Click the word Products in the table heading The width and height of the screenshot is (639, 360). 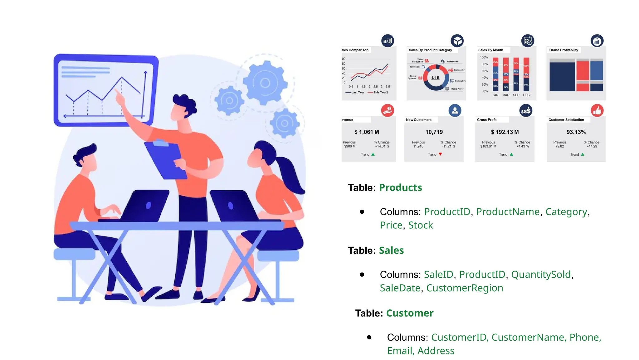pyautogui.click(x=400, y=187)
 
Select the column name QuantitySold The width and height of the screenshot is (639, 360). pyautogui.click(x=541, y=274)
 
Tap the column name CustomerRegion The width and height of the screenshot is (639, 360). pyautogui.click(x=465, y=288)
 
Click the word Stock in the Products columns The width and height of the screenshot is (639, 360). pyautogui.click(x=420, y=225)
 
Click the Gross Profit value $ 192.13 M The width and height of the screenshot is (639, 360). pyautogui.click(x=505, y=132)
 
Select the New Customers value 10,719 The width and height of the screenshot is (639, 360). pyautogui.click(x=434, y=132)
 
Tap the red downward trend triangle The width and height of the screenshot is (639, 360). pyautogui.click(x=440, y=154)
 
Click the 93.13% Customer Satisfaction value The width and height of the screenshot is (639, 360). pyautogui.click(x=576, y=132)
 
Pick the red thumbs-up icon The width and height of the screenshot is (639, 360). pyautogui.click(x=597, y=110)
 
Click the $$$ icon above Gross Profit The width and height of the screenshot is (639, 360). pyautogui.click(x=526, y=111)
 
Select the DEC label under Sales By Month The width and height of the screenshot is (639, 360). pyautogui.click(x=526, y=95)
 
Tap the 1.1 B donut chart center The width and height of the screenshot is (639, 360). pyautogui.click(x=435, y=77)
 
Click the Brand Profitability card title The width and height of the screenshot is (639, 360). pyautogui.click(x=563, y=50)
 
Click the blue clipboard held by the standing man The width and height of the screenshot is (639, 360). pyautogui.click(x=165, y=159)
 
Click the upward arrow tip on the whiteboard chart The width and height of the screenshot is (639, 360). pyautogui.click(x=145, y=72)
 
